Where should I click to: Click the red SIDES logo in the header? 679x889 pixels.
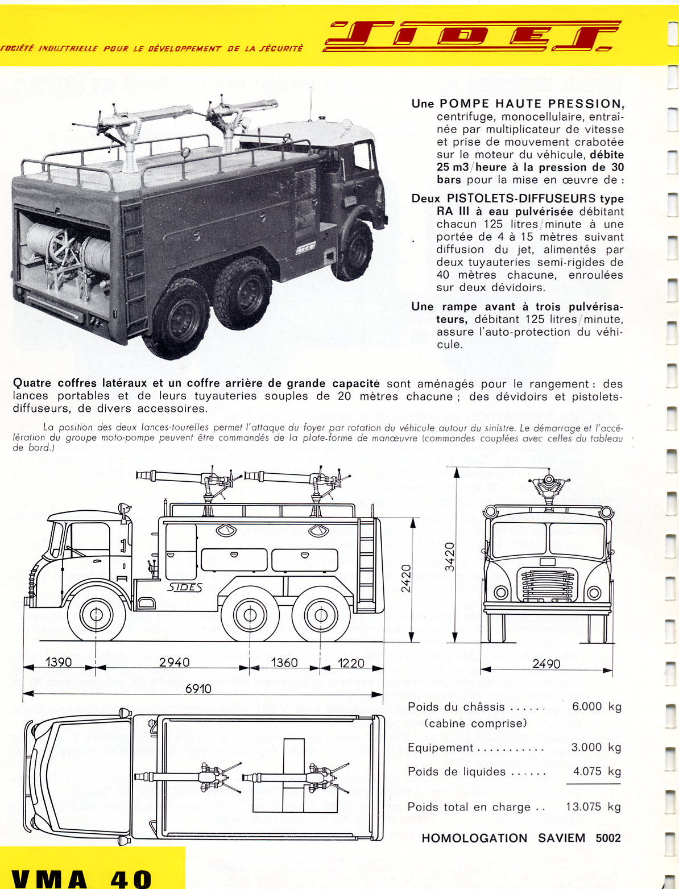tap(472, 36)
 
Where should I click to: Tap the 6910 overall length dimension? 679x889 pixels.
tap(198, 688)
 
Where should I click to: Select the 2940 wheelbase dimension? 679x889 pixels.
tap(175, 662)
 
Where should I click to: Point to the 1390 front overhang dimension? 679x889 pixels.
tap(59, 662)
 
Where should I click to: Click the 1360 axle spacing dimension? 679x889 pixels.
tap(284, 662)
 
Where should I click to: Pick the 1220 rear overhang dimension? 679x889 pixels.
tap(351, 662)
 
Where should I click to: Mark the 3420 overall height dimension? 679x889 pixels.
tap(449, 557)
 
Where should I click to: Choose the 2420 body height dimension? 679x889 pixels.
tap(405, 578)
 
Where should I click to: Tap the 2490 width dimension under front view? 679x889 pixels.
tap(546, 663)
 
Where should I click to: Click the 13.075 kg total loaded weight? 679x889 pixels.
tap(593, 807)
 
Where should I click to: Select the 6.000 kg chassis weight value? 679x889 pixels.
tap(596, 706)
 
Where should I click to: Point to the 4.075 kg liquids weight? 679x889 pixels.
tap(596, 771)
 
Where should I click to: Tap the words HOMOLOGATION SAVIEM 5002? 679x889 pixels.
tap(521, 838)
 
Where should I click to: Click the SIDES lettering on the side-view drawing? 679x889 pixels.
tap(185, 588)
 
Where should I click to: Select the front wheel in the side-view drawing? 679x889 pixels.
tap(96, 615)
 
